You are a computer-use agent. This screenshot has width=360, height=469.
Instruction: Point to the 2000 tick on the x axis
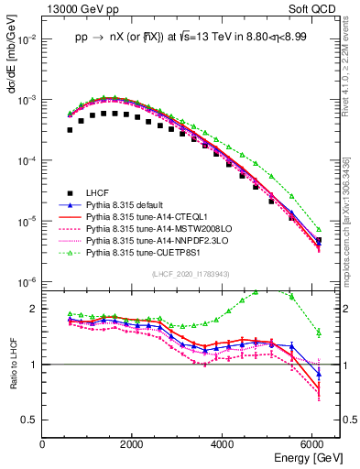click(x=134, y=444)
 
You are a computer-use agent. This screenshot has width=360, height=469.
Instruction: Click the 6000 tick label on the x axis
click(x=314, y=444)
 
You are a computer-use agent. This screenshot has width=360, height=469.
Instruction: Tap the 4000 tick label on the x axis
click(x=224, y=444)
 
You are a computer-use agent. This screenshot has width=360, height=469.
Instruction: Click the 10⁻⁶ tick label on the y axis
click(x=27, y=282)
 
